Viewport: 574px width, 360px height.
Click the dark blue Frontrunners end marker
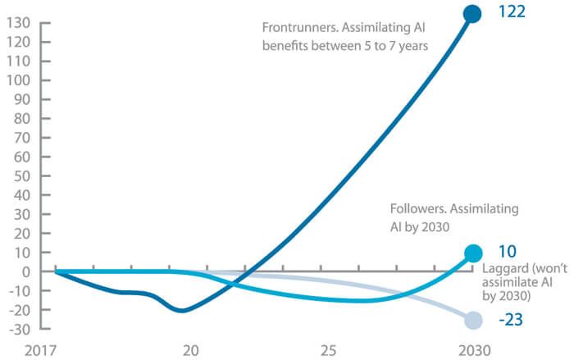472,13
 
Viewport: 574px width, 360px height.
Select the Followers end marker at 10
473,253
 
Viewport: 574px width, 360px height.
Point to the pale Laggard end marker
473,321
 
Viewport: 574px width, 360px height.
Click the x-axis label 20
190,350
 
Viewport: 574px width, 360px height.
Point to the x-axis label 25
328,350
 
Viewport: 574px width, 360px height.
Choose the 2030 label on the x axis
473,350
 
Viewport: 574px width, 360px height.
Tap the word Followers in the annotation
417,209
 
